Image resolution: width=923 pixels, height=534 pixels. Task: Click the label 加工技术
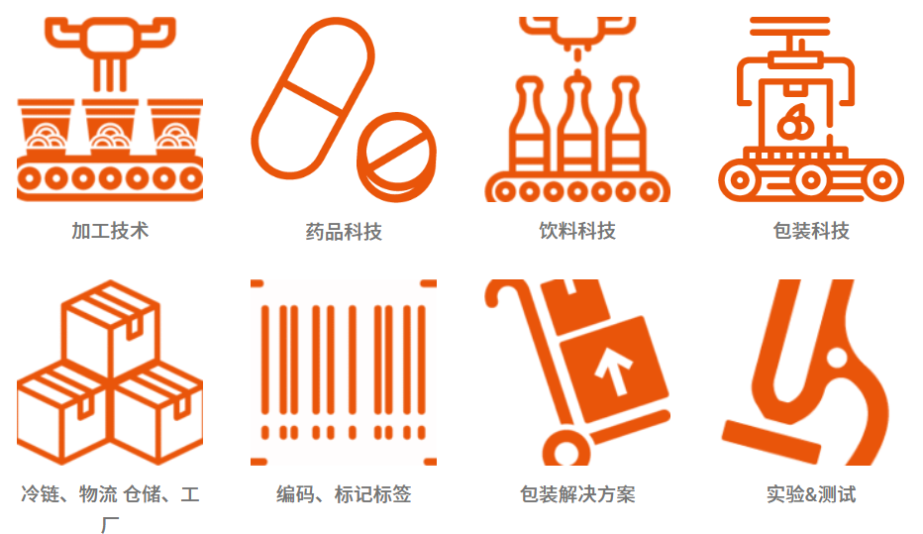pos(110,231)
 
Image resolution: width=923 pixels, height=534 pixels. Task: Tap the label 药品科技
pos(344,232)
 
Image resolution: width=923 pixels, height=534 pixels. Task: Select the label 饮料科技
pos(577,231)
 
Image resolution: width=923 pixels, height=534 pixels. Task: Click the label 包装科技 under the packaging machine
pos(811,231)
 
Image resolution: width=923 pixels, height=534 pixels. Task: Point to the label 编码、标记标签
pos(344,493)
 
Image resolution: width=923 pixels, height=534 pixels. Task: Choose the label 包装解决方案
pos(577,493)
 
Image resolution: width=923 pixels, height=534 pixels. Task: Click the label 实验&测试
pos(811,493)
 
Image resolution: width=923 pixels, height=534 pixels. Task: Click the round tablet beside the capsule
pos(396,154)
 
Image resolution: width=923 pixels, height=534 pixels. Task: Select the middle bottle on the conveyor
pos(576,129)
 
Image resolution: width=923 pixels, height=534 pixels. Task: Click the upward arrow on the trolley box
pos(614,372)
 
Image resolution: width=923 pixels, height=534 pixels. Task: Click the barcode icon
pos(344,372)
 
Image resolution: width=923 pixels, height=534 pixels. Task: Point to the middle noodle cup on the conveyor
pos(110,129)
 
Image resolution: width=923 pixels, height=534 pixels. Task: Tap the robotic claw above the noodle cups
pos(110,40)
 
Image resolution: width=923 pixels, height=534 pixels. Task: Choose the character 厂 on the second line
pos(110,523)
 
